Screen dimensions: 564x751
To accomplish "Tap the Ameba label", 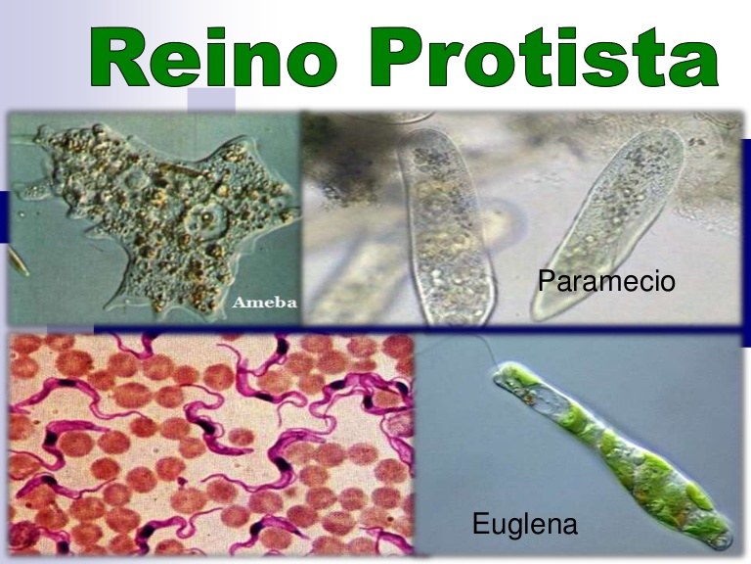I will click(263, 303).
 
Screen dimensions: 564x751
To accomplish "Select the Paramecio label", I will click(606, 282).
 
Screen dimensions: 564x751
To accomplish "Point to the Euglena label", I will click(524, 524).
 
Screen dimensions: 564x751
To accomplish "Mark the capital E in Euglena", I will click(480, 524).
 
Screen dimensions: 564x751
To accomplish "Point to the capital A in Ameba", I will click(239, 303).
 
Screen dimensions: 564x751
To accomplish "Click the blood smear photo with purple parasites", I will click(210, 446).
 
